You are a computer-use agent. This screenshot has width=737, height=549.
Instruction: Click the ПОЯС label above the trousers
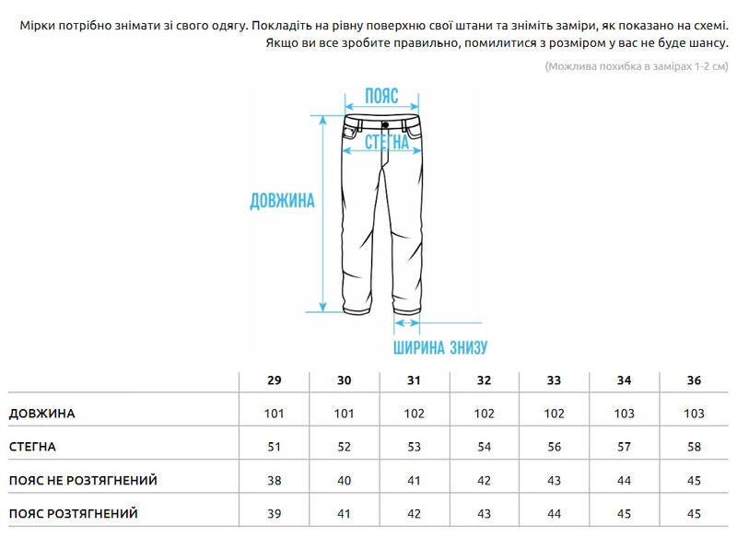click(x=380, y=96)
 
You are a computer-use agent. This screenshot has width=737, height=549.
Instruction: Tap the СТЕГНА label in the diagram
click(x=387, y=142)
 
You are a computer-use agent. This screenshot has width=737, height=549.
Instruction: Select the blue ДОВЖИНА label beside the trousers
click(x=282, y=201)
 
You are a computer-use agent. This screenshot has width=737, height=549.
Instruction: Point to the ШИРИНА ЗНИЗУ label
click(x=439, y=348)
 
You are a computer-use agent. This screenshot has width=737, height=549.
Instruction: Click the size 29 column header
click(x=274, y=380)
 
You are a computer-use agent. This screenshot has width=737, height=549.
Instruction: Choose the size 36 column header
click(x=694, y=380)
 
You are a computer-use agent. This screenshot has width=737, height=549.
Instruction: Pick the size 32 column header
click(x=484, y=380)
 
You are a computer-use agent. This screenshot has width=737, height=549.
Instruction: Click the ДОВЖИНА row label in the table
click(x=41, y=414)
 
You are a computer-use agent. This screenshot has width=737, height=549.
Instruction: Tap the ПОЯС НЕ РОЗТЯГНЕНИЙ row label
click(x=83, y=481)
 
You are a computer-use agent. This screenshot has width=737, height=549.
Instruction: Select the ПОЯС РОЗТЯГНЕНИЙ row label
click(x=73, y=514)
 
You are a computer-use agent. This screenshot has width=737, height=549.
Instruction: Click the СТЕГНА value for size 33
click(x=554, y=447)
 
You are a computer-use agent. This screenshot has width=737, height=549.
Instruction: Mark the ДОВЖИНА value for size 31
click(x=414, y=414)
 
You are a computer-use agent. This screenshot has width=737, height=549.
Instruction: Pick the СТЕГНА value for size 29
click(x=274, y=447)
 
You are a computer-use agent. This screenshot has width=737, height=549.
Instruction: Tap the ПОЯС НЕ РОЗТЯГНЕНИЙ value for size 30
click(x=344, y=481)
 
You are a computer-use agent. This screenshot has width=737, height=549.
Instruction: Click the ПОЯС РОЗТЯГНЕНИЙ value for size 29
click(x=274, y=514)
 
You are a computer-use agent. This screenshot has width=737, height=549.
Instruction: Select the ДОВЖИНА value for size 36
click(x=694, y=414)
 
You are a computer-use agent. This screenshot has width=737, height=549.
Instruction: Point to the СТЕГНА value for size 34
click(x=624, y=447)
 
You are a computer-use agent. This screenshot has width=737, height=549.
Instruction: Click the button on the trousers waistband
click(x=383, y=123)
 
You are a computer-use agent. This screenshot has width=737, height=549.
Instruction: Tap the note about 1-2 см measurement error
click(x=636, y=66)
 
